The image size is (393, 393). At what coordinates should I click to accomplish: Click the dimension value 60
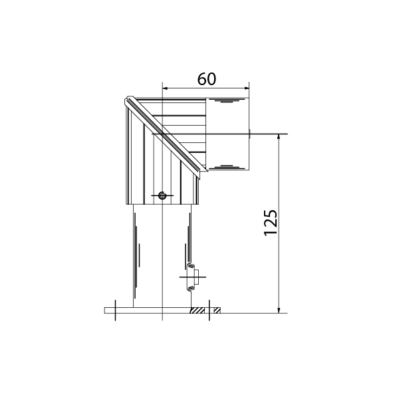coord(207,79)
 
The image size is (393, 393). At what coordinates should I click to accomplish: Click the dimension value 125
coord(271,222)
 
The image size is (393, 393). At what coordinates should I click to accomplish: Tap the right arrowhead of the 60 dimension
coord(247,88)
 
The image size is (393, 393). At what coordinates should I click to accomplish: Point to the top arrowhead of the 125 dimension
coord(279,137)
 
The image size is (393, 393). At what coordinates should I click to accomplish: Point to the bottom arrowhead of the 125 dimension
coord(279,311)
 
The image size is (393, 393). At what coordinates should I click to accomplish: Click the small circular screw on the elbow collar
coord(162,195)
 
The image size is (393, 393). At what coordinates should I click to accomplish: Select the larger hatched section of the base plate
coord(197,311)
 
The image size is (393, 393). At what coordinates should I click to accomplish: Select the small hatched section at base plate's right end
coord(217,311)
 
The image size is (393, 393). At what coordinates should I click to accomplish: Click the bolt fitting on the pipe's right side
coord(193,277)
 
